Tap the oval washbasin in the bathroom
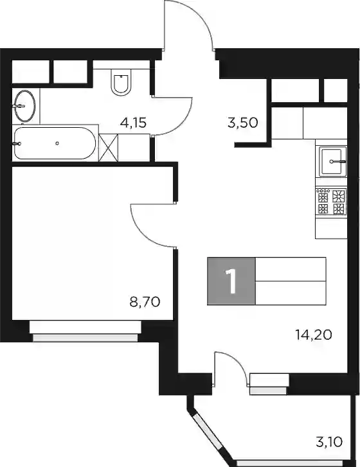tap(25, 106)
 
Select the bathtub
tap(55, 143)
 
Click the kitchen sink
tap(332, 161)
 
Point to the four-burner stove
tap(331, 202)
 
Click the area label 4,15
tap(133, 123)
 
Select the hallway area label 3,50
tap(242, 123)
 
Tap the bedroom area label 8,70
tap(145, 302)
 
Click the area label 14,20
tap(314, 335)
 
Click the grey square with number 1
tap(231, 281)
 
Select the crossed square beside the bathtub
tap(109, 148)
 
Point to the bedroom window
tap(85, 331)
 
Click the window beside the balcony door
tap(269, 384)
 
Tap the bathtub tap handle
tap(17, 144)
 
